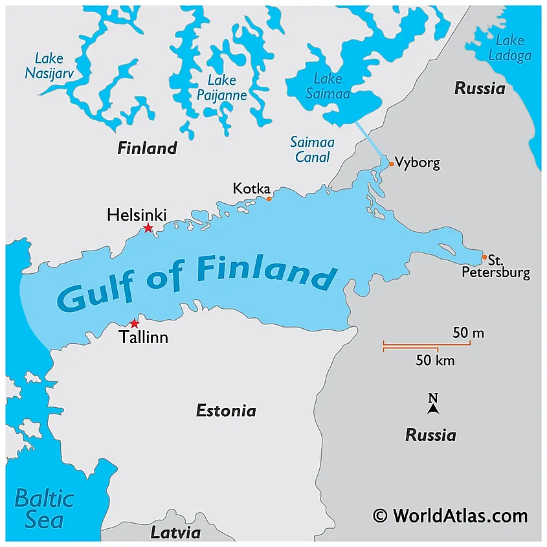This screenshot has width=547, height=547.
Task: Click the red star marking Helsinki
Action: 148,228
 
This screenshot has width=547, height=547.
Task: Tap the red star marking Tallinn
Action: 134,323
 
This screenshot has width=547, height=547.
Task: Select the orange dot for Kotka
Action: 269,199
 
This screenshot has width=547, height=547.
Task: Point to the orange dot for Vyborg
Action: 391,164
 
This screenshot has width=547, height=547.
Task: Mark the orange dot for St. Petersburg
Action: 484,258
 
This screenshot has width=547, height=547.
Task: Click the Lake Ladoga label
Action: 509,48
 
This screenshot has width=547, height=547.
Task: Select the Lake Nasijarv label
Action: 49,65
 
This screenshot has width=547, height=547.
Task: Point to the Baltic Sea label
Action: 44,509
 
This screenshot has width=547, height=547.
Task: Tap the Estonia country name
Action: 226,410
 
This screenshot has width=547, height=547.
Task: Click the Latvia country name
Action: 175,533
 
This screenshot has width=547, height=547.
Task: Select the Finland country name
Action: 147,148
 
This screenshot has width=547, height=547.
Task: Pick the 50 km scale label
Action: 435,361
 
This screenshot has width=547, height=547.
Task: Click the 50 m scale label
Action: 468,333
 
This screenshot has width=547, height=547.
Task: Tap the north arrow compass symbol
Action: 433,405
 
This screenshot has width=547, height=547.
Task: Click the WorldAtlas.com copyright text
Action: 451,515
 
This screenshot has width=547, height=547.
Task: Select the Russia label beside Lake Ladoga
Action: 479,89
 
